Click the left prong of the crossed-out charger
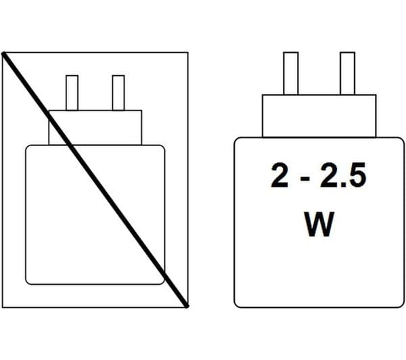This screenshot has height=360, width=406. click(x=72, y=93)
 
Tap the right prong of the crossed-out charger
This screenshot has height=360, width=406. click(x=118, y=93)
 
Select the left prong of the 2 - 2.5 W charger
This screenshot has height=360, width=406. click(x=291, y=74)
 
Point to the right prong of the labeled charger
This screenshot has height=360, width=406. click(x=348, y=74)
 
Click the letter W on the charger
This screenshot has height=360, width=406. click(x=319, y=224)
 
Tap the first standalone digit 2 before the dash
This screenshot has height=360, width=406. click(x=279, y=175)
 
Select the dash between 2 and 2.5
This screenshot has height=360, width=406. click(x=306, y=178)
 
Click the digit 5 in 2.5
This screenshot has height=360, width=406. click(x=357, y=175)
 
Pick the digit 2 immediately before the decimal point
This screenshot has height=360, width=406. click(x=329, y=175)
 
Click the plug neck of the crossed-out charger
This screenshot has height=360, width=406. click(x=95, y=128)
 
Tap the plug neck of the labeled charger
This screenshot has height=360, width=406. click(x=319, y=116)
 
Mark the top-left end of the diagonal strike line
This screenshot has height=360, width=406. click(x=3, y=53)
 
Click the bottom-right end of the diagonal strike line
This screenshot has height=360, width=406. click(x=187, y=307)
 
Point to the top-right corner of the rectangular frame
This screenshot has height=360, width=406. click(x=188, y=53)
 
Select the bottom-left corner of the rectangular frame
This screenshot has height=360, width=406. click(x=2, y=307)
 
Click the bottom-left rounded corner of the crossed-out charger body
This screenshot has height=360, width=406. click(x=27, y=283)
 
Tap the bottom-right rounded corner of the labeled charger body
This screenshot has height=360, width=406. click(x=401, y=305)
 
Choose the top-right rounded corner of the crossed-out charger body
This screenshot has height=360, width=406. click(x=163, y=147)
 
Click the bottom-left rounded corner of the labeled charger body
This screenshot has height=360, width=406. click(x=236, y=305)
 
